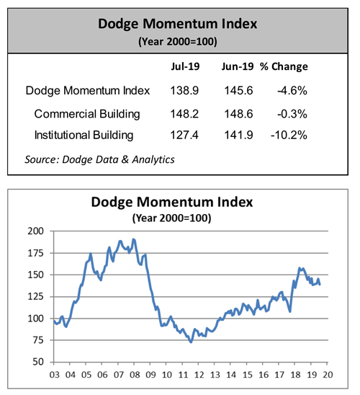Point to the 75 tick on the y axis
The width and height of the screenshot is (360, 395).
point(37,340)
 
